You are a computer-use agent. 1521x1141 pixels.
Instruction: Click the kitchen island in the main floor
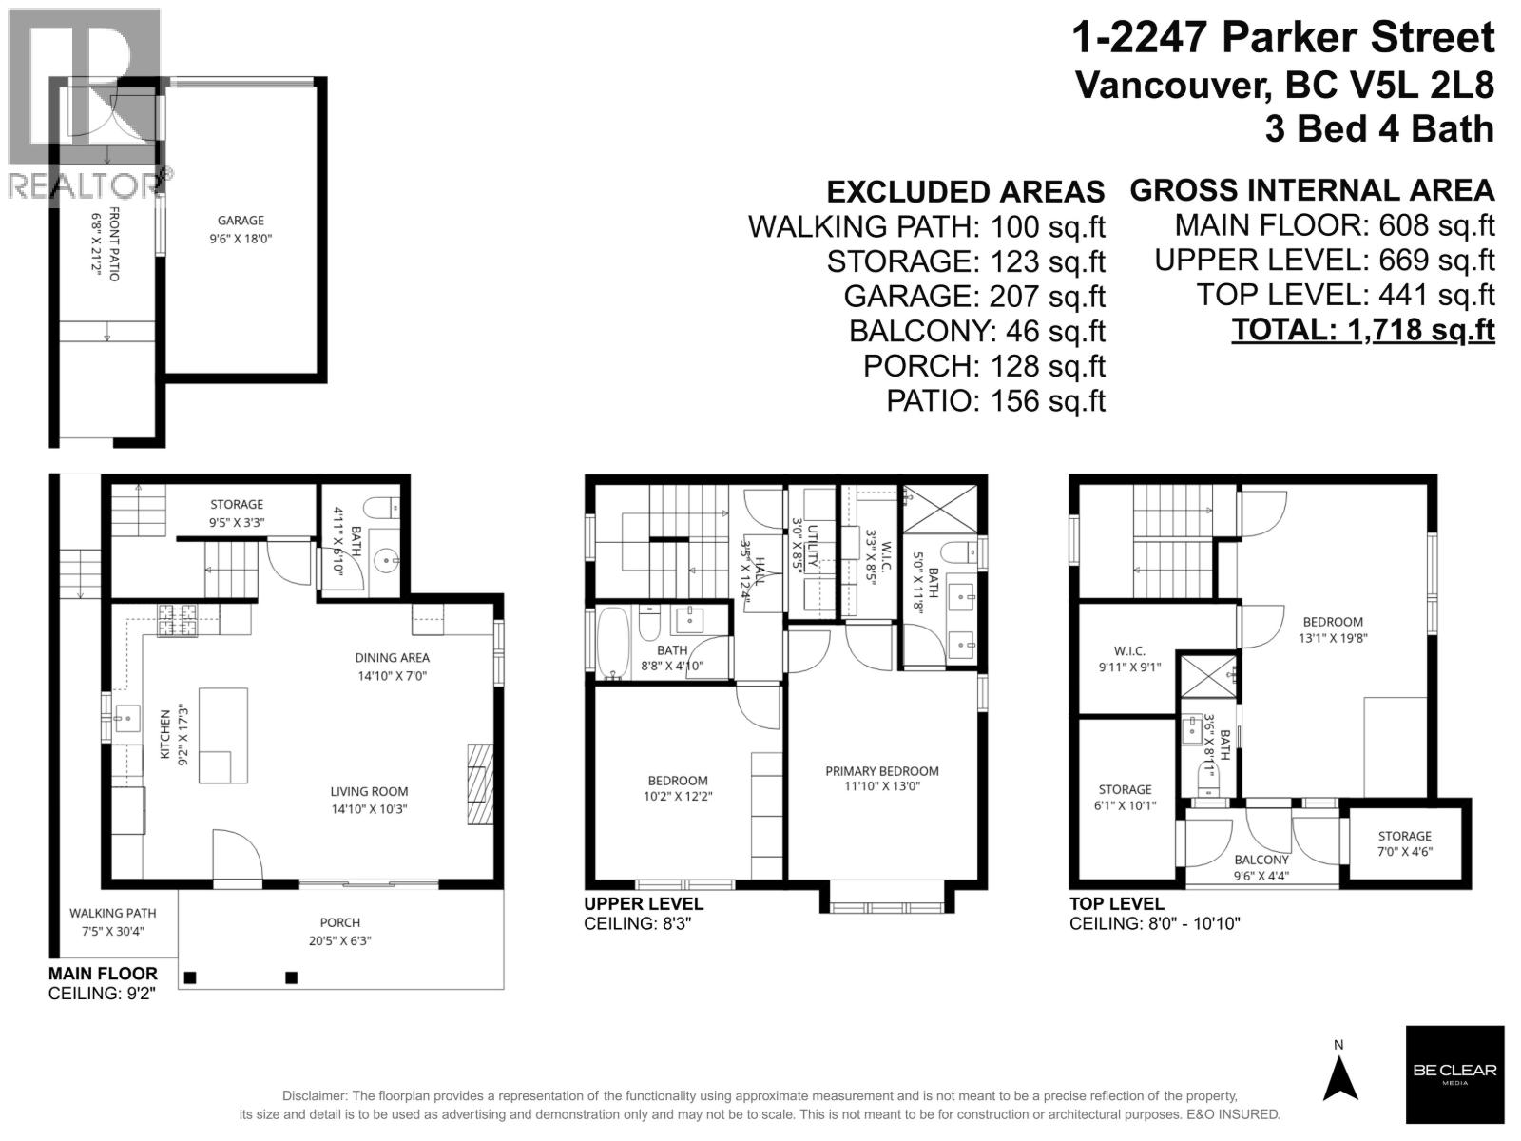click(223, 735)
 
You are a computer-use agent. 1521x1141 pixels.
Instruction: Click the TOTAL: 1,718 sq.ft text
click(1362, 330)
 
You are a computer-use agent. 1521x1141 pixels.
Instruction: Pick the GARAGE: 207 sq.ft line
click(974, 297)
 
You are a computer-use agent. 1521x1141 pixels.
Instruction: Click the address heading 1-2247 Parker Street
click(1283, 38)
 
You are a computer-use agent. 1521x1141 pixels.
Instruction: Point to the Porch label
click(339, 922)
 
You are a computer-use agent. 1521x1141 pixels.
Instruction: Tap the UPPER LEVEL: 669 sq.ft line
click(1324, 260)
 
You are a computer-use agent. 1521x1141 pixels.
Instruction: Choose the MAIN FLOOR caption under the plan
click(103, 974)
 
